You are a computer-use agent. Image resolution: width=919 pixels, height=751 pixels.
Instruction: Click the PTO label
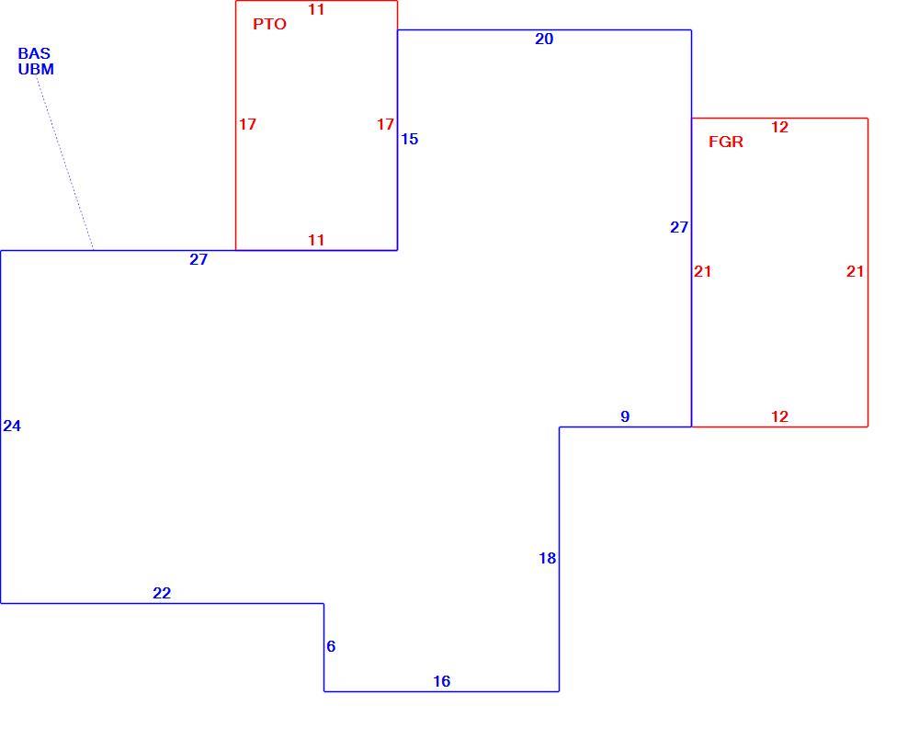pyautogui.click(x=269, y=24)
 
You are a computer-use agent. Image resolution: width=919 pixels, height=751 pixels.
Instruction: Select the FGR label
pyautogui.click(x=726, y=142)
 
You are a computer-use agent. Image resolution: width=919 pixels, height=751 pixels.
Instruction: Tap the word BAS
pyautogui.click(x=34, y=53)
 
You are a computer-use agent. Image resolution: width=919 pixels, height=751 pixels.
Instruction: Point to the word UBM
pyautogui.click(x=36, y=69)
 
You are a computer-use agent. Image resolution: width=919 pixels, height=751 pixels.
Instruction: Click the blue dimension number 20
pyautogui.click(x=544, y=39)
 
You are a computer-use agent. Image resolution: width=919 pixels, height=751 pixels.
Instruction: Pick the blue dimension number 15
pyautogui.click(x=409, y=139)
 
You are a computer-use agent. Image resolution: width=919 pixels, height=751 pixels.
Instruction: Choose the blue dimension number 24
pyautogui.click(x=12, y=427)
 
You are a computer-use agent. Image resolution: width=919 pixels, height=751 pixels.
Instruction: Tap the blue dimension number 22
pyautogui.click(x=162, y=593)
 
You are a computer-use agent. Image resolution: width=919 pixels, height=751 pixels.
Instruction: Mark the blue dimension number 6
pyautogui.click(x=331, y=646)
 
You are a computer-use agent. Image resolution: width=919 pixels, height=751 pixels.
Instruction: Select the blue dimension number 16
pyautogui.click(x=442, y=681)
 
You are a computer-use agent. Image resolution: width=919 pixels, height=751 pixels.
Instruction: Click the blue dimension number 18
pyautogui.click(x=548, y=559)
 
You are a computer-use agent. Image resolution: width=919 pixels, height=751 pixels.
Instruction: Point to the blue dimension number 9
pyautogui.click(x=625, y=416)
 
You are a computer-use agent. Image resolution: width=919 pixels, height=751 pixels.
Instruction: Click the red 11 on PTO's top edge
pyautogui.click(x=316, y=9)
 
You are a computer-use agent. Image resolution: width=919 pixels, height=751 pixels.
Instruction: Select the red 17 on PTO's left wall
pyautogui.click(x=247, y=124)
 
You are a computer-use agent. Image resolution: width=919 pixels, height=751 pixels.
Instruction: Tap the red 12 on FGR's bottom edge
pyautogui.click(x=779, y=416)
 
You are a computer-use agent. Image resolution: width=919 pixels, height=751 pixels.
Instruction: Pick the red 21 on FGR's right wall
pyautogui.click(x=855, y=271)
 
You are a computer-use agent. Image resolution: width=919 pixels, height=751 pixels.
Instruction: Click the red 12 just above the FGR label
pyautogui.click(x=779, y=127)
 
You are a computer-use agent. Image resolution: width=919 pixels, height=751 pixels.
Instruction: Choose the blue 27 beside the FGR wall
pyautogui.click(x=679, y=227)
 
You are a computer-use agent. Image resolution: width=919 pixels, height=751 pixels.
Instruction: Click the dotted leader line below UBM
pyautogui.click(x=65, y=163)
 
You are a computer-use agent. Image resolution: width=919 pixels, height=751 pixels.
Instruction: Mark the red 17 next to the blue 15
pyautogui.click(x=385, y=124)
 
